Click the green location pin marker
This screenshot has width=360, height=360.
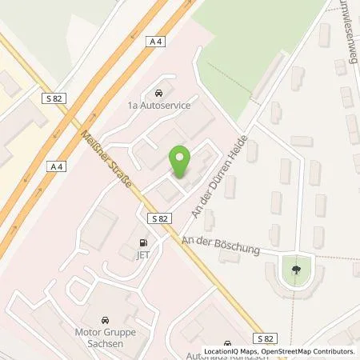(182, 162)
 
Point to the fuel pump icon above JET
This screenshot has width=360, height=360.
(144, 241)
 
